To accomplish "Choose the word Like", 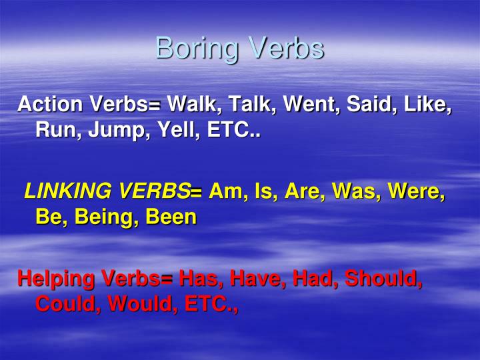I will click(429, 105).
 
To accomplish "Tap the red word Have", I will click(247, 278).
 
